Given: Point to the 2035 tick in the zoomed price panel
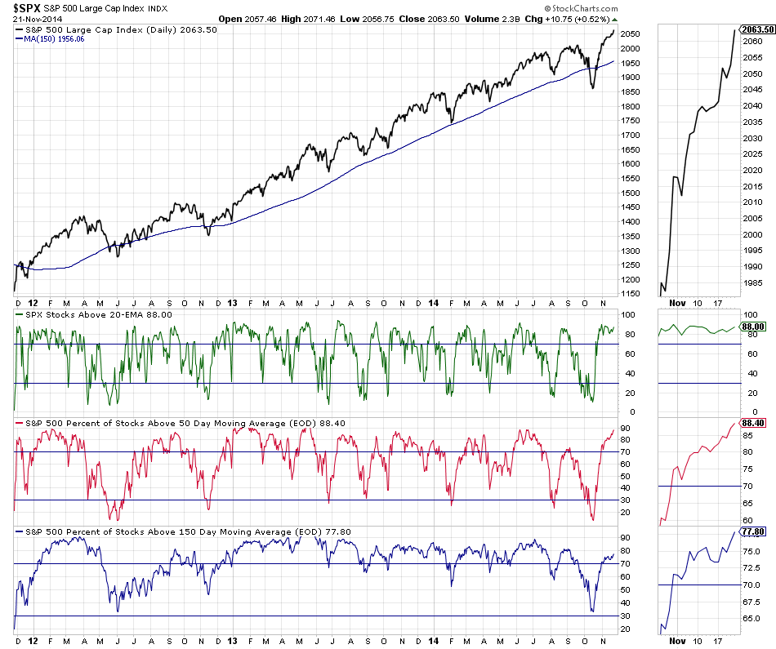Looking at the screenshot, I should [753, 122].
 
